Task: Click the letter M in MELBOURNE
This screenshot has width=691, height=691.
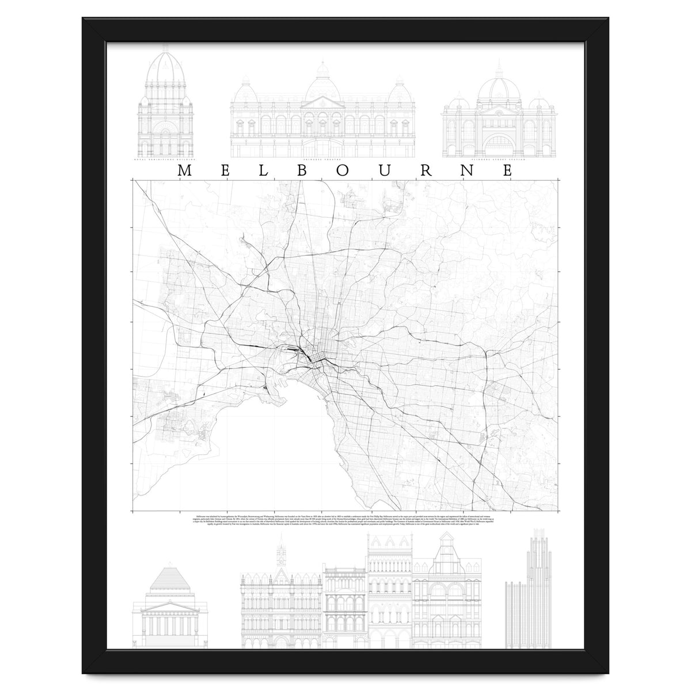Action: [185, 170]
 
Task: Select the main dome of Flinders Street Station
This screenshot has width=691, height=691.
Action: [499, 88]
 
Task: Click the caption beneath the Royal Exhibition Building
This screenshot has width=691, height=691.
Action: [165, 160]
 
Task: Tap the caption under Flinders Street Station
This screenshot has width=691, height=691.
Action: [499, 160]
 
